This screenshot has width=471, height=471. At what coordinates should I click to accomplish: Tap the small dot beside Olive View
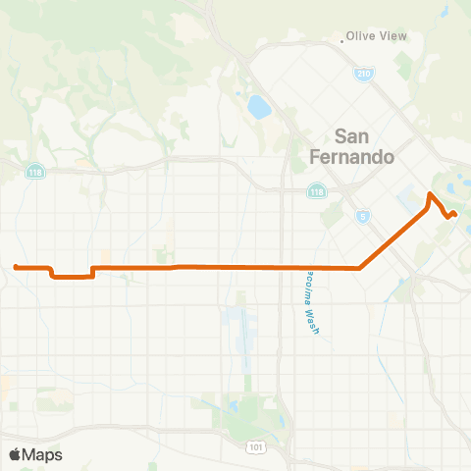click(343, 40)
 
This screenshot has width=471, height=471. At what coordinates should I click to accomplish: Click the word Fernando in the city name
click(350, 156)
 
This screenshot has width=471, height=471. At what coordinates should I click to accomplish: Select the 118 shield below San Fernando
click(316, 191)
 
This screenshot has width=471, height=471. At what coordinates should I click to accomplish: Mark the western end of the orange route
click(16, 266)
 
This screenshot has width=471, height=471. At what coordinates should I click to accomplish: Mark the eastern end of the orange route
click(455, 214)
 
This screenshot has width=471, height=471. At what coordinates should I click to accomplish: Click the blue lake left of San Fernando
click(259, 106)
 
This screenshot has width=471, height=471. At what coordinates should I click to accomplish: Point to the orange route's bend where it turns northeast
click(361, 268)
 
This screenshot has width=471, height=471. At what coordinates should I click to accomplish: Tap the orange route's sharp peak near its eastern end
click(429, 194)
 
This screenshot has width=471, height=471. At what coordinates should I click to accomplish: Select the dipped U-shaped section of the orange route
click(71, 277)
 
